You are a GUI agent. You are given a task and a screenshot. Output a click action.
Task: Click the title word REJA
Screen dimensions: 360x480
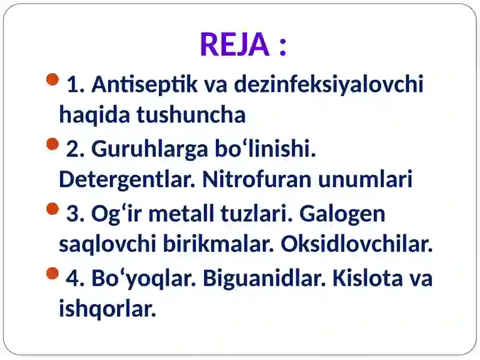click(234, 44)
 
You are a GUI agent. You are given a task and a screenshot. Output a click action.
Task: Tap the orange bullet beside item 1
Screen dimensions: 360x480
click(52, 80)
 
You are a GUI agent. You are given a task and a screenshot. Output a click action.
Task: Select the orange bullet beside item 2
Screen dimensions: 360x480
click(52, 145)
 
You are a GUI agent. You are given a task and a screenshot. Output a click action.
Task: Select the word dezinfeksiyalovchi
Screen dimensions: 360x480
click(328, 85)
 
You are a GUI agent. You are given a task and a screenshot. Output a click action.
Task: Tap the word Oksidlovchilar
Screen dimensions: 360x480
click(356, 244)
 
